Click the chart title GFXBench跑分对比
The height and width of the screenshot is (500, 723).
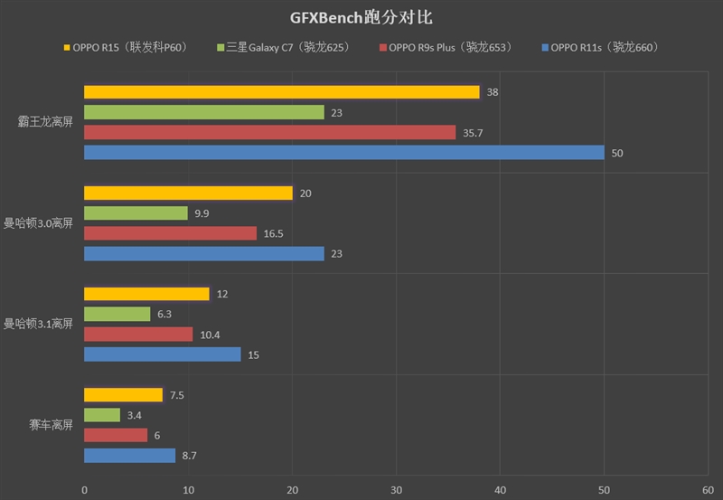(x=361, y=16)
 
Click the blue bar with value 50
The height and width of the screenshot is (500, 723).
(x=343, y=153)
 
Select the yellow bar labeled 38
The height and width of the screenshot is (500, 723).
(x=281, y=92)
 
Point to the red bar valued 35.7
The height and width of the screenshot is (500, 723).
(x=269, y=133)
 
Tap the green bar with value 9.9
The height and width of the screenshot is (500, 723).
(x=136, y=213)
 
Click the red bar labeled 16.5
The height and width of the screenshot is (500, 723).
(x=170, y=233)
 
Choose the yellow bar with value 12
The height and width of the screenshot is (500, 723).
(x=146, y=294)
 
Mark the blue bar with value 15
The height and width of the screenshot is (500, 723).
(x=162, y=354)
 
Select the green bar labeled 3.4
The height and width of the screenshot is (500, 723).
(x=102, y=415)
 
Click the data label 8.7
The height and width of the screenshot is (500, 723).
(x=190, y=456)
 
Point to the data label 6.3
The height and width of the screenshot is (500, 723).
(x=164, y=315)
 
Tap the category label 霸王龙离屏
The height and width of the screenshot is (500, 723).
(x=44, y=122)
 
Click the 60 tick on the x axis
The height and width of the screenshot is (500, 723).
(x=708, y=490)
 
